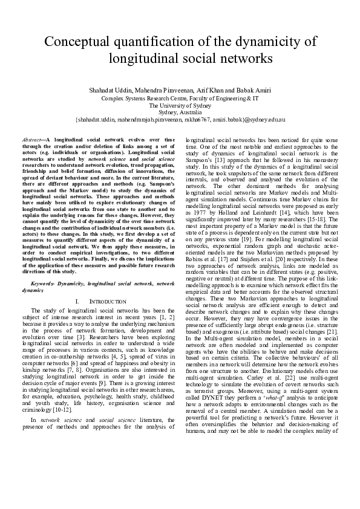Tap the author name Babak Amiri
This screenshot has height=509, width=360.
(254, 90)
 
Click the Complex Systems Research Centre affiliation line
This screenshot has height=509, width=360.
(180, 97)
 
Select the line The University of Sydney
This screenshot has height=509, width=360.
(180, 105)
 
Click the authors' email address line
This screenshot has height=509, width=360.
(180, 120)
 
